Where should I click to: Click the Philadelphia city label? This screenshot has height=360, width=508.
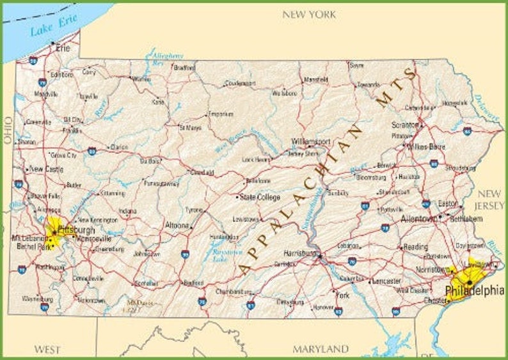[x=474, y=291]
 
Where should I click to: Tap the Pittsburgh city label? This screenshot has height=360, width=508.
[x=76, y=229]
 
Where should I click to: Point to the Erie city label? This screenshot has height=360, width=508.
[x=63, y=47]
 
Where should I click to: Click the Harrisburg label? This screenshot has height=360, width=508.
[x=301, y=253]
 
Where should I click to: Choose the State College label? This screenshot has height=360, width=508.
[x=260, y=198]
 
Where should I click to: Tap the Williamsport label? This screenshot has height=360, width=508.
[x=311, y=141]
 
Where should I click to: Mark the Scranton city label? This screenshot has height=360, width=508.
[x=405, y=125]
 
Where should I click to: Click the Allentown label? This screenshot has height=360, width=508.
[x=418, y=218]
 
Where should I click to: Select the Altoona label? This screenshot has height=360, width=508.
[x=177, y=225]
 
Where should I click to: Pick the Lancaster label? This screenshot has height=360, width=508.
[x=386, y=281]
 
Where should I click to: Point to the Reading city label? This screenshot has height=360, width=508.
[x=415, y=246]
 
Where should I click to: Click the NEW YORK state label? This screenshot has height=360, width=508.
[x=309, y=14]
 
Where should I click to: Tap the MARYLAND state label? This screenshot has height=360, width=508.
[x=321, y=349]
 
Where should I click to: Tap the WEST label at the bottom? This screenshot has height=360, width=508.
[x=47, y=349]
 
